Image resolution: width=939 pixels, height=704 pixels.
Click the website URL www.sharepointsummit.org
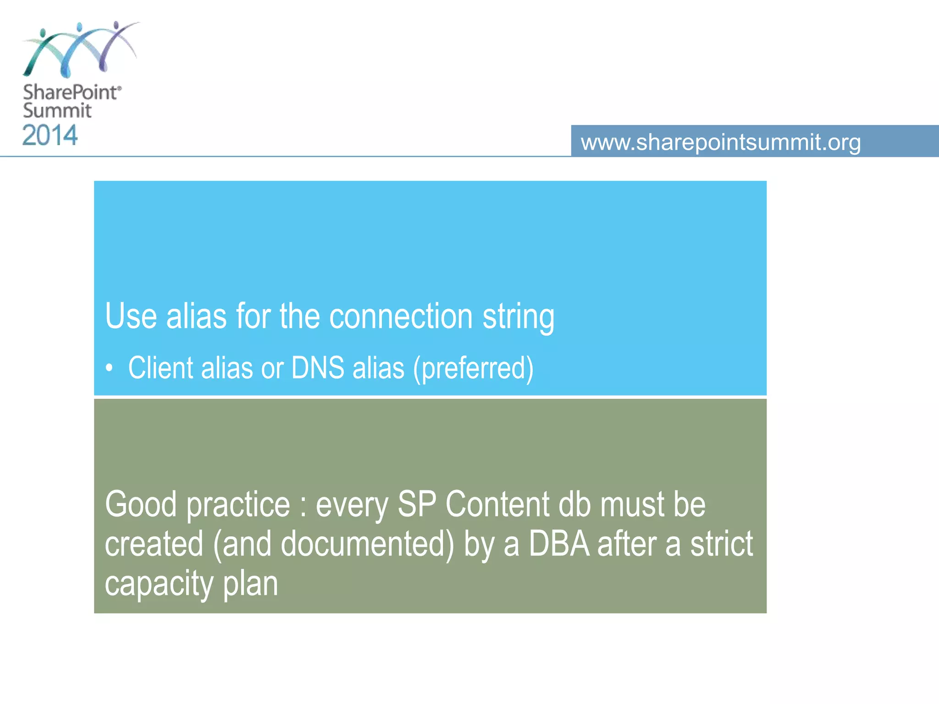720,142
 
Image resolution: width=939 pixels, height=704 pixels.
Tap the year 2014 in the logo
50,136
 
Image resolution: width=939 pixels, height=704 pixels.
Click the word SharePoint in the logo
71,92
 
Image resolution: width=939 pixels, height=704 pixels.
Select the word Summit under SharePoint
57,110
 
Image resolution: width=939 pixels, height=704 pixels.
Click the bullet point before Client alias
109,368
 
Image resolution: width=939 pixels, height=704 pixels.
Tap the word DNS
317,368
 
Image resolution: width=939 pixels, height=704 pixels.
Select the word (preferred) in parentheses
473,368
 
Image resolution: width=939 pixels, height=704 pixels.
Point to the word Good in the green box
141,504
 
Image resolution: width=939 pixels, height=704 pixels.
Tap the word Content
497,504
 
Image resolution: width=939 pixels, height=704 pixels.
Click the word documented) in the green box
367,544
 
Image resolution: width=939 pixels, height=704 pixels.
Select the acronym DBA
559,544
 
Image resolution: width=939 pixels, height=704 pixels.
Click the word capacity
159,584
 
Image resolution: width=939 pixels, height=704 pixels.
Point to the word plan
250,584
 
